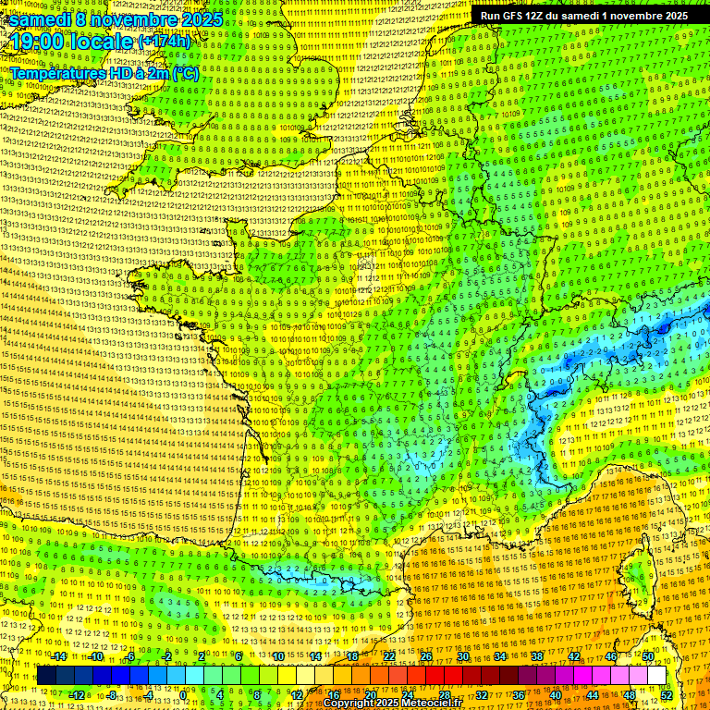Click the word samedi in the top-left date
pyautogui.click(x=41, y=19)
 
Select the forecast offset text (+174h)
pyautogui.click(x=165, y=42)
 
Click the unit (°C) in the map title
pyautogui.click(x=185, y=73)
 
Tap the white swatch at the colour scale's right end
pyautogui.click(x=655, y=676)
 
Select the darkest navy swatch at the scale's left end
pyautogui.click(x=46, y=676)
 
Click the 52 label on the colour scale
pyautogui.click(x=667, y=694)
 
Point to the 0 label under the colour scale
pyautogui.click(x=183, y=694)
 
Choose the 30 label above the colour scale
pyautogui.click(x=461, y=656)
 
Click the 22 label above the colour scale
pyautogui.click(x=389, y=656)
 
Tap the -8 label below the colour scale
pyautogui.click(x=111, y=694)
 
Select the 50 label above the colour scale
pyautogui.click(x=647, y=656)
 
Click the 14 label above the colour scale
pyautogui.click(x=316, y=656)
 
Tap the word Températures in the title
pyautogui.click(x=55, y=73)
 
